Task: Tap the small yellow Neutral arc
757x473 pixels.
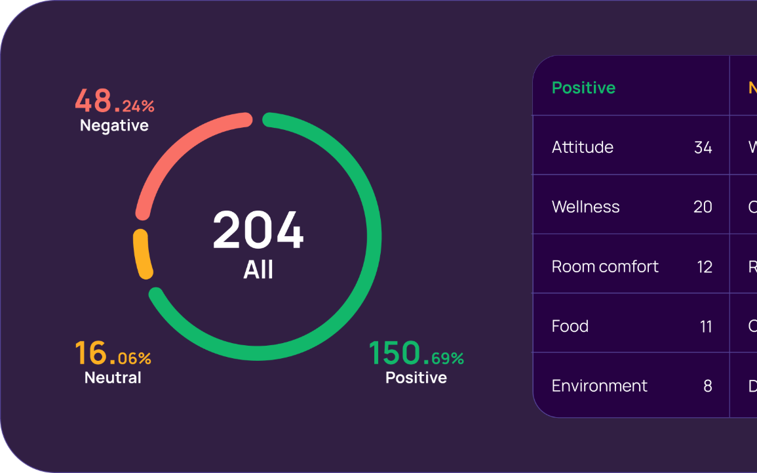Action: click(143, 253)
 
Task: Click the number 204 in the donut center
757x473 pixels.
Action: click(258, 231)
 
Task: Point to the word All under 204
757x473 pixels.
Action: click(258, 270)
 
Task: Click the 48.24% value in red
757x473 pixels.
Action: click(115, 101)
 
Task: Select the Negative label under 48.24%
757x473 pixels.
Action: click(114, 125)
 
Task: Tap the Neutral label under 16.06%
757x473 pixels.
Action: click(113, 377)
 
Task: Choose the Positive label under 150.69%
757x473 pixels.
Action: click(416, 377)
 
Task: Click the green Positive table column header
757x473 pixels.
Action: click(583, 88)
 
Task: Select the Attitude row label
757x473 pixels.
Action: click(583, 147)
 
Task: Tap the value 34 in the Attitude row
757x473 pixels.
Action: click(703, 148)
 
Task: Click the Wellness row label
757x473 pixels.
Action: click(585, 207)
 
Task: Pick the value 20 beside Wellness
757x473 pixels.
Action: click(703, 207)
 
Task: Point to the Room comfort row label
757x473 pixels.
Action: click(605, 266)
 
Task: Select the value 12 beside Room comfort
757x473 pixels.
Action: click(705, 267)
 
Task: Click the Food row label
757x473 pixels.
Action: click(570, 326)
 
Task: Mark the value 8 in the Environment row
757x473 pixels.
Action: click(708, 386)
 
